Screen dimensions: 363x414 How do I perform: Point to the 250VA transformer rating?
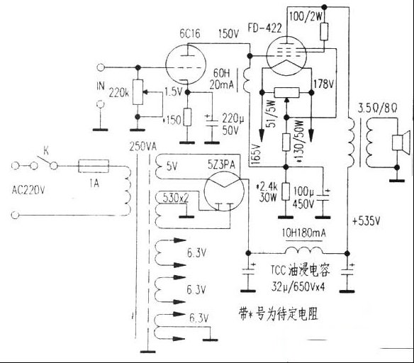coord(144,147)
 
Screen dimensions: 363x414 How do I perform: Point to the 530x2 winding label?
coord(175,197)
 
